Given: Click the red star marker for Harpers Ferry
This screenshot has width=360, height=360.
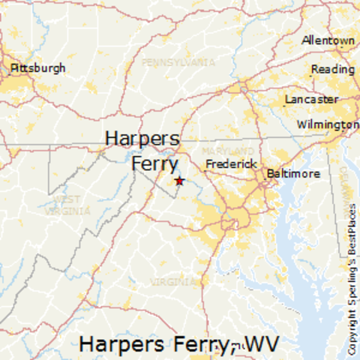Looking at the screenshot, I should coord(178,181).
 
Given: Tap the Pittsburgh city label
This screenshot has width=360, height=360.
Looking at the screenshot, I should coord(37,67).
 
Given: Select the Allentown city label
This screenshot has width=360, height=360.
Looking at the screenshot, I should coord(328,40).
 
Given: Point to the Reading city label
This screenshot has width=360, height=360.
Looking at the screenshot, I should coord(332,69).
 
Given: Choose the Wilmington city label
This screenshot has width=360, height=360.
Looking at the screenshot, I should coord(328,124).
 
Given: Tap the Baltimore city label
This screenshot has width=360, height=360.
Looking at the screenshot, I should coord(293,173).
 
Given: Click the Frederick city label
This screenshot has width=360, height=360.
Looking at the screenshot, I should coord(232,163).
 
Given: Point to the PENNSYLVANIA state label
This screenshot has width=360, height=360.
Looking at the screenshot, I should coord(178,61).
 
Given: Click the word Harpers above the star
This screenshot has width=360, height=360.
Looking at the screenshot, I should coord(142,139).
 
